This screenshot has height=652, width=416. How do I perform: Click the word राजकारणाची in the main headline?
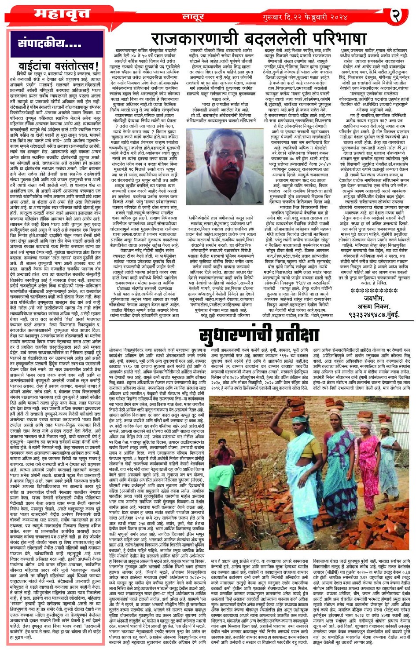[192, 39]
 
